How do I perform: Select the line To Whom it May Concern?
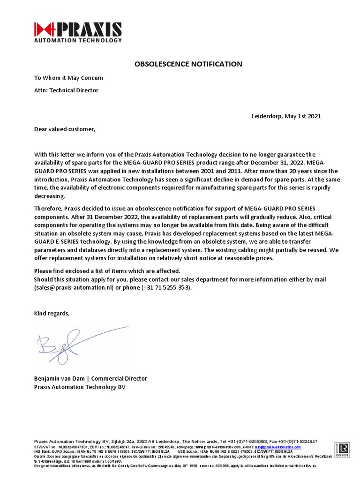[x=68, y=78]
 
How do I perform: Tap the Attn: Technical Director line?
[x=66, y=90]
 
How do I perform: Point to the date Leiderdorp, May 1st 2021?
[x=286, y=116]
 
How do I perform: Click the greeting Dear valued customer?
[x=64, y=129]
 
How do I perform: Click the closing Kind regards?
[x=52, y=313]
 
